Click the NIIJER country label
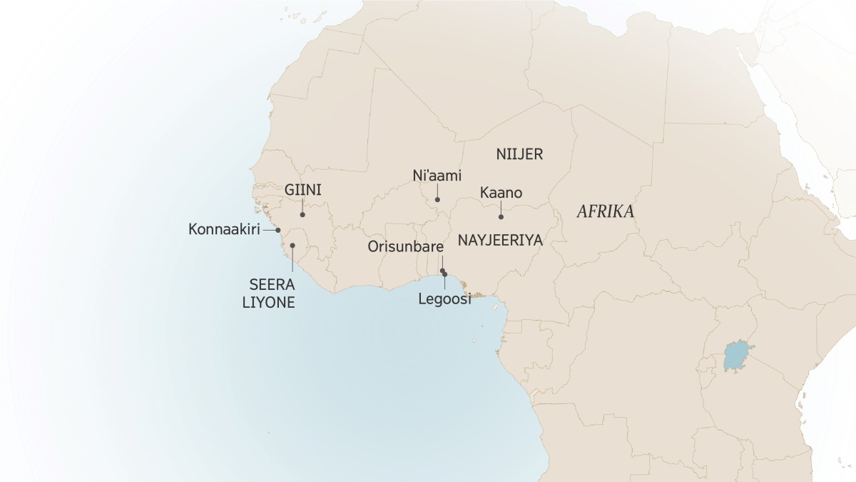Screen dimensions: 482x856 pyautogui.click(x=519, y=154)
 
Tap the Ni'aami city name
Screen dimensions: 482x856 pyautogui.click(x=437, y=175)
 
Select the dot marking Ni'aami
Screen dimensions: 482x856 pyautogui.click(x=437, y=199)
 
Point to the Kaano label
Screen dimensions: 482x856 pyautogui.click(x=501, y=193)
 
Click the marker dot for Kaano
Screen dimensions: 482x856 pyautogui.click(x=501, y=216)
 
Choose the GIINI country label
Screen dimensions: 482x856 pyautogui.click(x=302, y=191)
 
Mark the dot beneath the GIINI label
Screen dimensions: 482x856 pyautogui.click(x=302, y=214)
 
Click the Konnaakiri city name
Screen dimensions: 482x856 pyautogui.click(x=223, y=230)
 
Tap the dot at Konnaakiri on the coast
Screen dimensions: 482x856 pyautogui.click(x=278, y=230)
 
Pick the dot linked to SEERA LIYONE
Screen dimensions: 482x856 pyautogui.click(x=292, y=245)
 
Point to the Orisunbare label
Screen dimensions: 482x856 pyautogui.click(x=406, y=247)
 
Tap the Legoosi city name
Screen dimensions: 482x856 pyautogui.click(x=445, y=300)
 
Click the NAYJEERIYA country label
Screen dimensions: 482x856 pyautogui.click(x=500, y=241)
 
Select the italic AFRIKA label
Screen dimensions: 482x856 pyautogui.click(x=606, y=212)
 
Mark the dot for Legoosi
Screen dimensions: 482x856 pyautogui.click(x=445, y=274)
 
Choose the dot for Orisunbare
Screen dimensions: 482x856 pyautogui.click(x=442, y=270)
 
